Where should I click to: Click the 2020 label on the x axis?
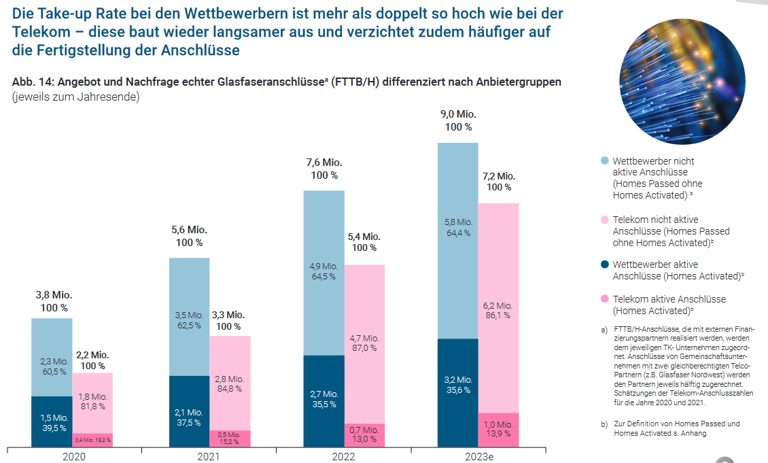[x=74, y=456]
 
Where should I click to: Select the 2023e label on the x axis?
[x=479, y=456]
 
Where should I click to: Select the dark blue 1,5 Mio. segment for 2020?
[x=52, y=422]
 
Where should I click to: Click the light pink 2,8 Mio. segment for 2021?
[x=230, y=383]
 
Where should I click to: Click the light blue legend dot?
[x=605, y=161]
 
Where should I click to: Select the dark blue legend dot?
[x=605, y=264]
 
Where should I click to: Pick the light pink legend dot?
[x=605, y=220]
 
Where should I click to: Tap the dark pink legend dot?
[x=605, y=299]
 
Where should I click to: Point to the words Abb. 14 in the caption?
[x=32, y=82]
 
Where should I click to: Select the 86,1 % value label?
[x=498, y=315]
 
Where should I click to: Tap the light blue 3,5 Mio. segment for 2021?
[x=189, y=320]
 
